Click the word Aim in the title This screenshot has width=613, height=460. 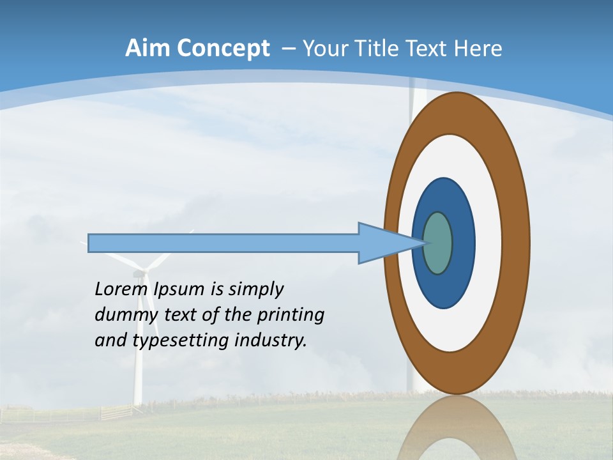click(148, 49)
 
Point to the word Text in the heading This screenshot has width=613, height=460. click(430, 49)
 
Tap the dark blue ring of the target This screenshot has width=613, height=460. click(463, 243)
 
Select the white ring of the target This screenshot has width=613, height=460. click(488, 243)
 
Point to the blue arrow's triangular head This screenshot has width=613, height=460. click(383, 243)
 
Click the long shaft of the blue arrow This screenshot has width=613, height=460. click(223, 243)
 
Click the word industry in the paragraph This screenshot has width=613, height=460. click(271, 341)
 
